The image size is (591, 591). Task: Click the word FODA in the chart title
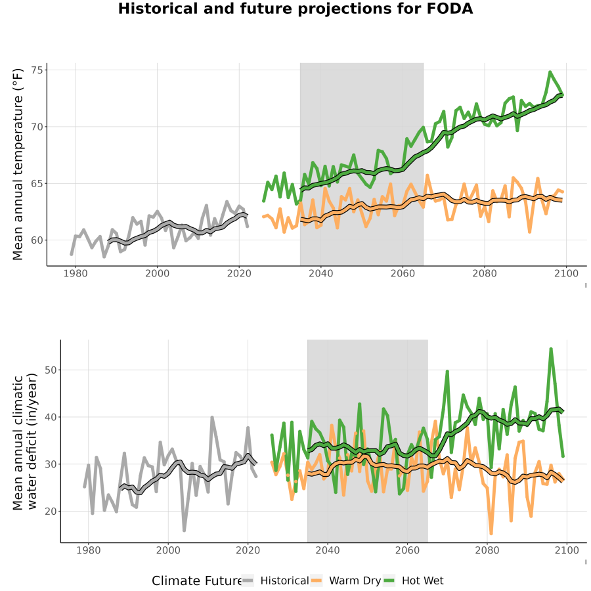click(450, 9)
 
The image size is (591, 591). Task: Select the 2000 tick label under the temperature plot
click(157, 273)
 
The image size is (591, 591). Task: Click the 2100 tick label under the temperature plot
click(566, 273)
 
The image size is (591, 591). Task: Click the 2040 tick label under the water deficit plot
click(328, 550)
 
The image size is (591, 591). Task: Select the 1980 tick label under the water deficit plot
click(89, 550)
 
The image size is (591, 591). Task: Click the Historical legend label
click(284, 580)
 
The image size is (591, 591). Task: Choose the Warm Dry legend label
click(355, 581)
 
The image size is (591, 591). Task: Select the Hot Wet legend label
click(422, 580)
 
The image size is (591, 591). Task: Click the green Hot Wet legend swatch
click(389, 580)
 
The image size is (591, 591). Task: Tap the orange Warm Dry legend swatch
click(317, 580)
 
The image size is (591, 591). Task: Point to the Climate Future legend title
click(196, 580)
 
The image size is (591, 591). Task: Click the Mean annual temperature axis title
click(18, 164)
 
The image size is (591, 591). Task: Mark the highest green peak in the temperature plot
click(550, 72)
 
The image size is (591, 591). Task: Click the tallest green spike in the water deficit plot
click(551, 349)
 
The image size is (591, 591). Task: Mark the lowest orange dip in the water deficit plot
click(491, 533)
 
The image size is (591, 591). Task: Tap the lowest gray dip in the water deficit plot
click(185, 530)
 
